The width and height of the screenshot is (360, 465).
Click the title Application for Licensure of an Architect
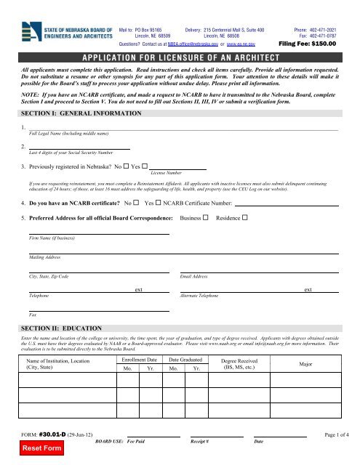coord(180,57)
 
